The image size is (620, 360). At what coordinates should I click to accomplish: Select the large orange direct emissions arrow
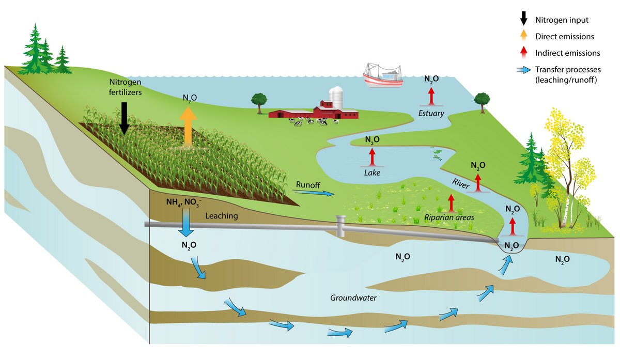pyautogui.click(x=188, y=127)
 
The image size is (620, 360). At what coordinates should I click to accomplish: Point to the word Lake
pyautogui.click(x=371, y=173)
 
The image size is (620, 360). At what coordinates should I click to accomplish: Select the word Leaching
pyautogui.click(x=222, y=216)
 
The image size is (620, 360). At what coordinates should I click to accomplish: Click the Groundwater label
pyautogui.click(x=353, y=298)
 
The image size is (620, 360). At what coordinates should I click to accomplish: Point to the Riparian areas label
pyautogui.click(x=449, y=217)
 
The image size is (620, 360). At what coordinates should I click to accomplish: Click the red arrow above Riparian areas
pyautogui.click(x=451, y=204)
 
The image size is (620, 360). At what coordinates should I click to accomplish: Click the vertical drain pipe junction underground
pyautogui.click(x=340, y=226)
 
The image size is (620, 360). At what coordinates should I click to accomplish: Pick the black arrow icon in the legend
pyautogui.click(x=523, y=19)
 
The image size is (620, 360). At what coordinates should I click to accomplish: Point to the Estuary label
pyautogui.click(x=431, y=113)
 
